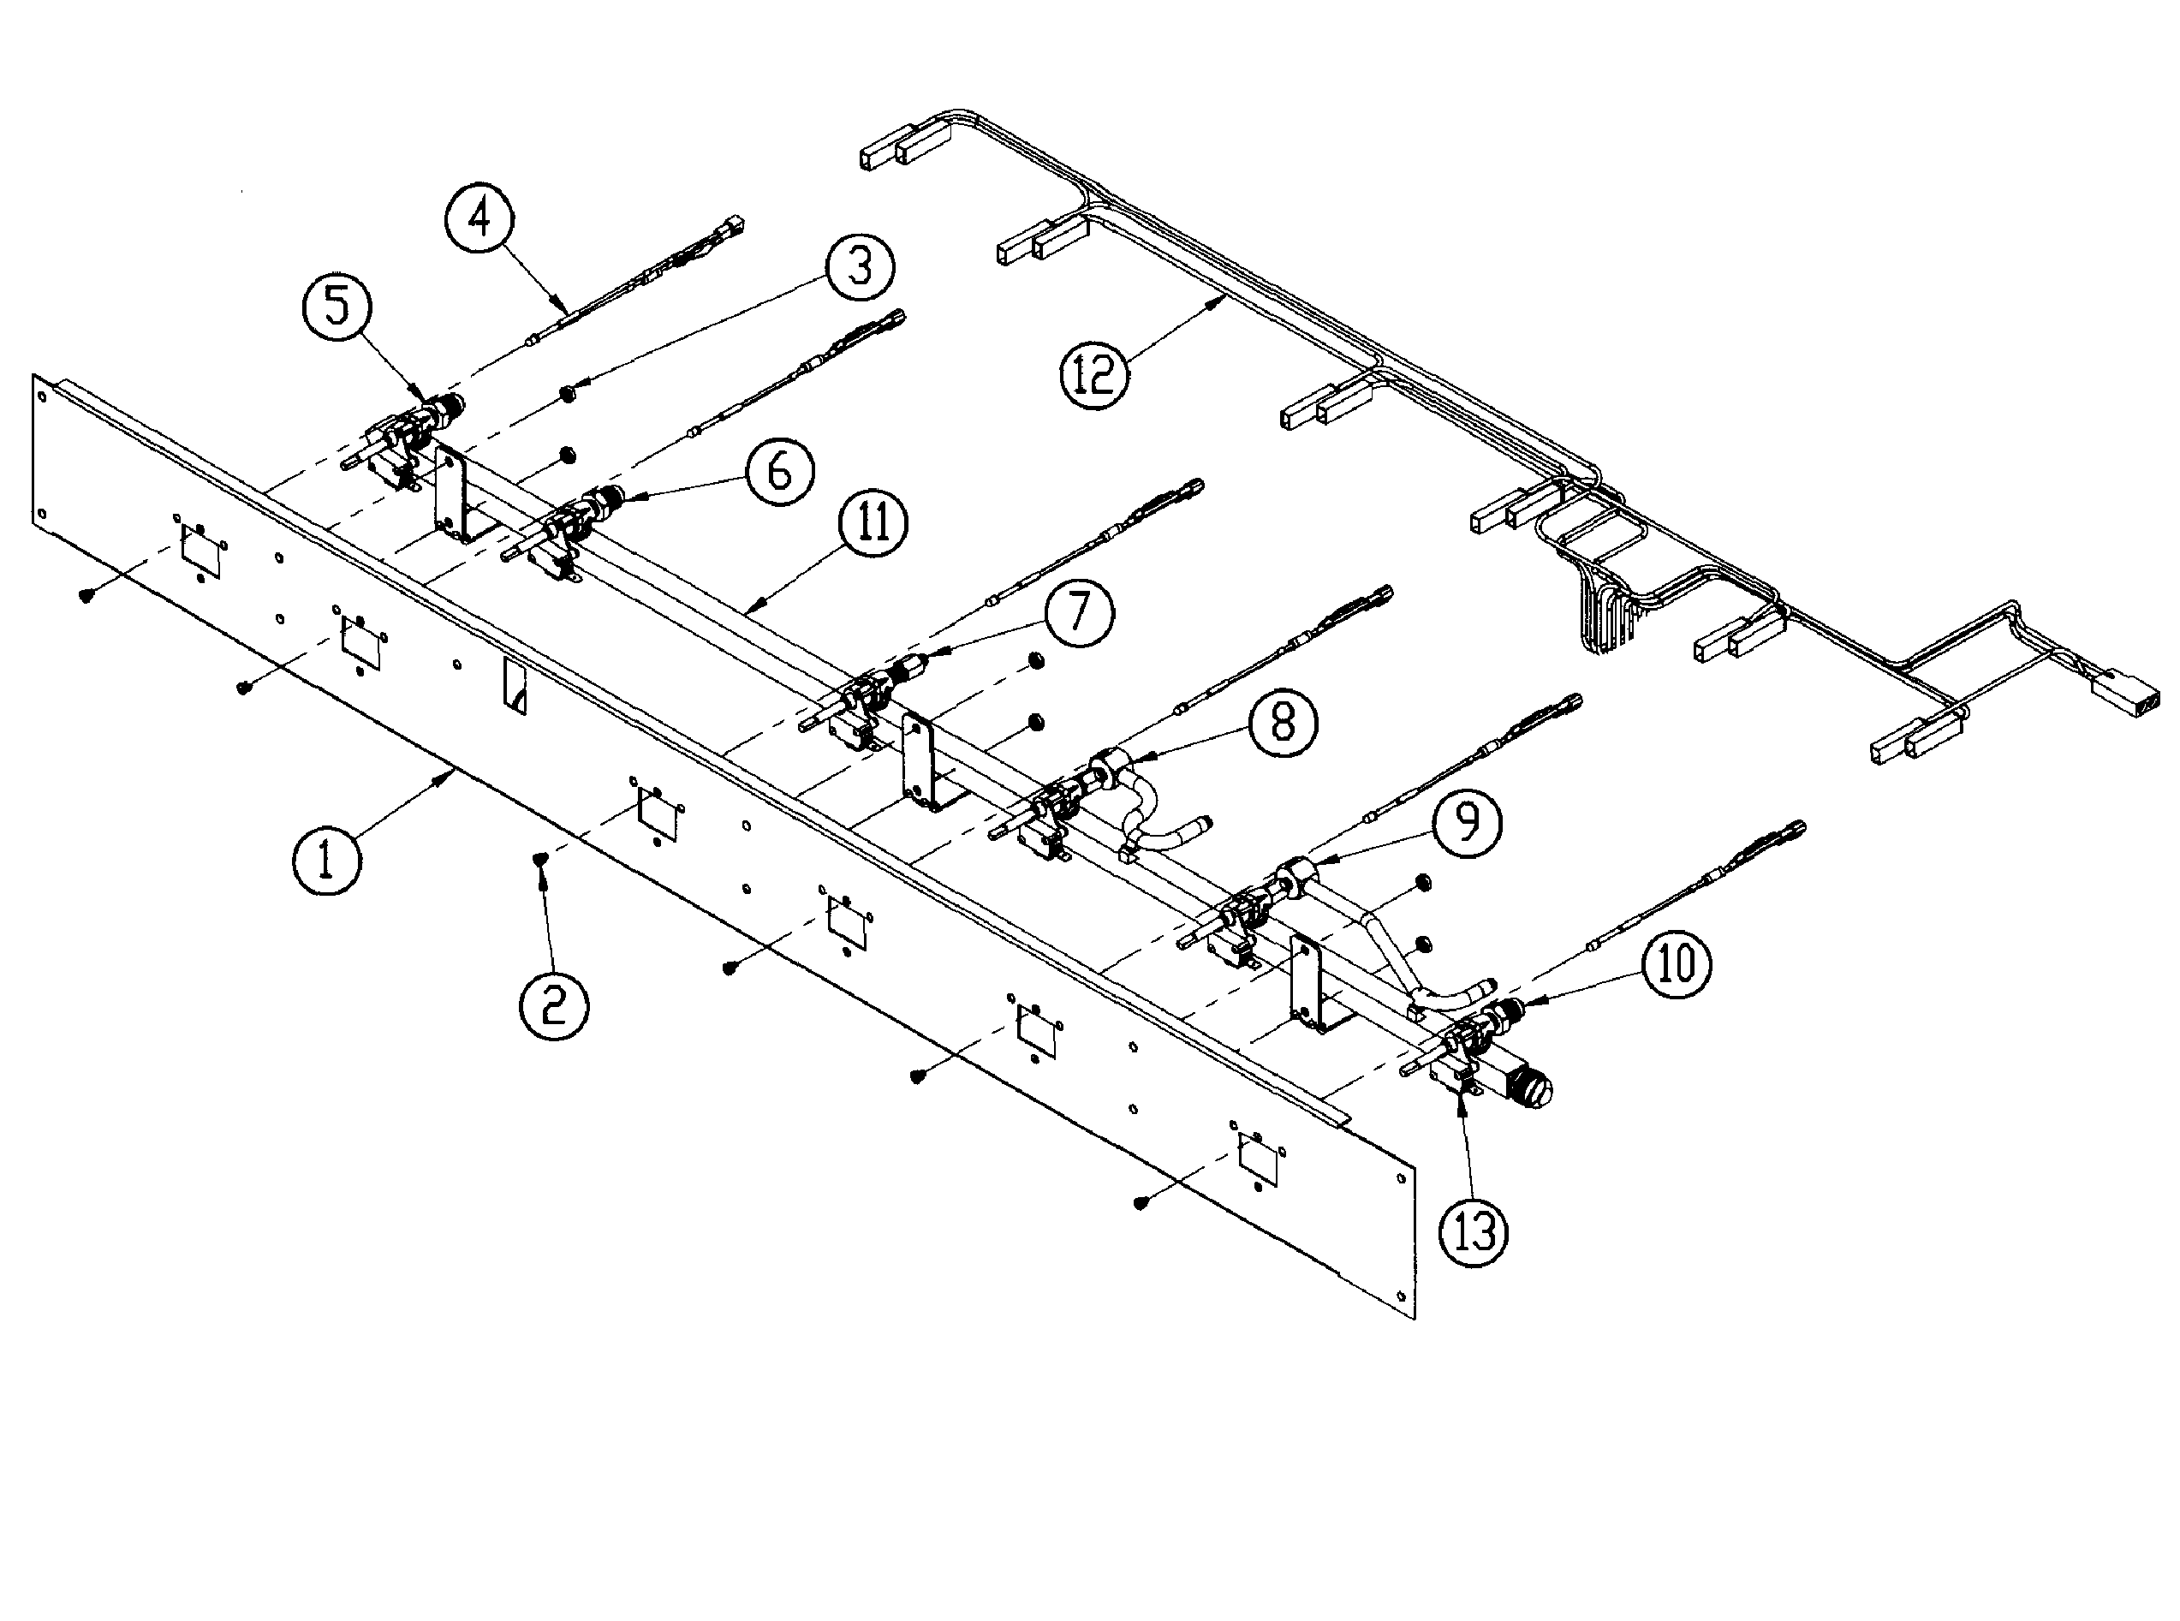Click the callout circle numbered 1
[327, 860]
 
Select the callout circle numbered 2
[554, 1003]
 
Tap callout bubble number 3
[860, 266]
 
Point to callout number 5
[337, 307]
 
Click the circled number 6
[779, 471]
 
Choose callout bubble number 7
[1078, 611]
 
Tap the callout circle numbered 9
[1467, 822]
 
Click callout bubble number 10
[1677, 963]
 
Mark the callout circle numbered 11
[873, 522]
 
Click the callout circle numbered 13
[1474, 1231]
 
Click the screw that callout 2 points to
[540, 860]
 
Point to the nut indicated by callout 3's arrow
[567, 392]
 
